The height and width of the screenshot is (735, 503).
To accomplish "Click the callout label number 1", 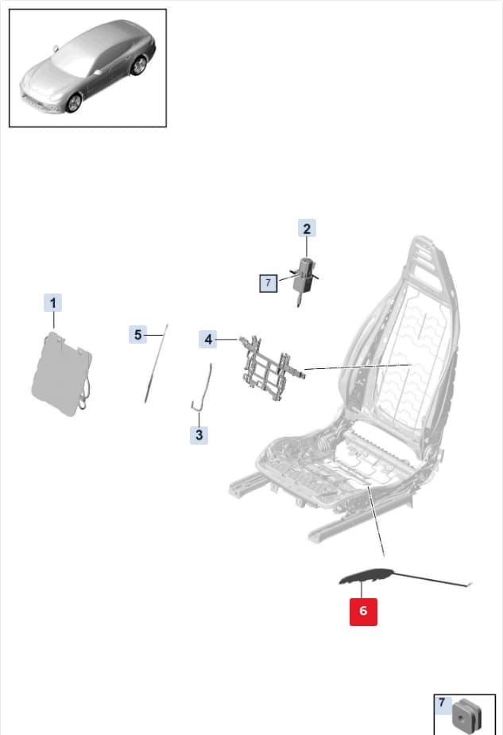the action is coord(53,303).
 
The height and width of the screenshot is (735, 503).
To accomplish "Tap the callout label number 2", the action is coord(307,228).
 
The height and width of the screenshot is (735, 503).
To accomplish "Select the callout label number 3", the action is coord(199,435).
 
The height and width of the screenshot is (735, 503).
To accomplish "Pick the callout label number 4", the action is coord(208,339).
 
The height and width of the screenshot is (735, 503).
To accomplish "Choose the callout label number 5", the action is coord(137,335).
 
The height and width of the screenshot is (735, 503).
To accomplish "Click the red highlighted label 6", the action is coord(363,611).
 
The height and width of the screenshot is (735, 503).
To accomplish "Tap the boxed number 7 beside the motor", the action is coord(269,282).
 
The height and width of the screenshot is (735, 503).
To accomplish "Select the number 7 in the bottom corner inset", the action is coord(442,702).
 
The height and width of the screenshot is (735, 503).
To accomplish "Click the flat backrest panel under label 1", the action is coord(62,375).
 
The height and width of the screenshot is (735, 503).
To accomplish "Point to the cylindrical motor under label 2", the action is coord(302,279).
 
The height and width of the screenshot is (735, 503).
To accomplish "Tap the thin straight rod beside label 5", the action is coord(156,364).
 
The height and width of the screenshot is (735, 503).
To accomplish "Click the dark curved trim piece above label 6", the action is coord(366,576).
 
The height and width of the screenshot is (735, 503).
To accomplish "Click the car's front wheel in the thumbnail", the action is coord(74,103).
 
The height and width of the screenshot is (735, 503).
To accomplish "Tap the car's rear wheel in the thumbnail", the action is coord(138,65).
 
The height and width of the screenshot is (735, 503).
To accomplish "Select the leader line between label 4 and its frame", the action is coord(227,339).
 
